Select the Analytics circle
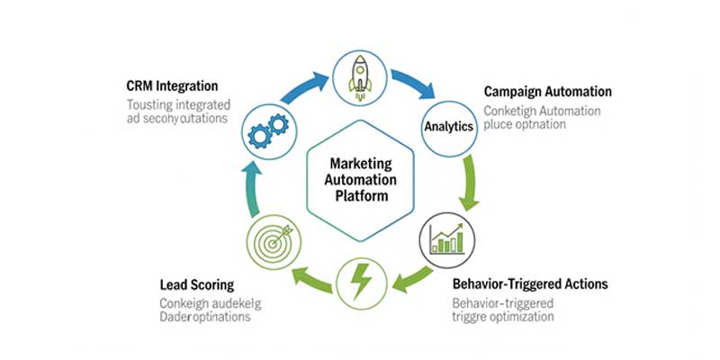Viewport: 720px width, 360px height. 448,127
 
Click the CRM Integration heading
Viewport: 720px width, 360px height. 172,85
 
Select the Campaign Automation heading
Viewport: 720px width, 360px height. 547,92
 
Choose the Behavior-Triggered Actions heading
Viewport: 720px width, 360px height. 530,283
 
